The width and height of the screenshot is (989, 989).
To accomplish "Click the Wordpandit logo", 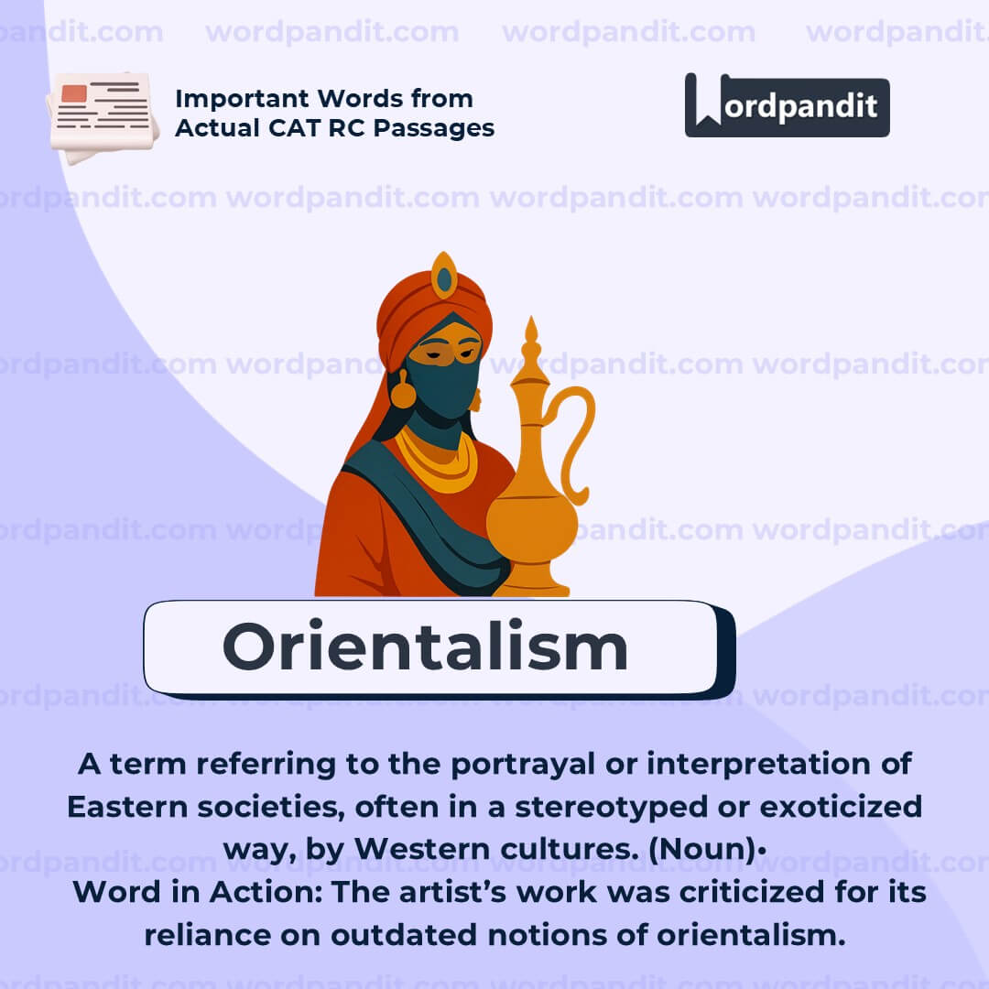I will pyautogui.click(x=787, y=105).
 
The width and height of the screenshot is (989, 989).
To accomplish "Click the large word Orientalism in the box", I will pyautogui.click(x=425, y=647).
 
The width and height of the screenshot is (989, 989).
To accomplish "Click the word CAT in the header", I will pyautogui.click(x=288, y=128).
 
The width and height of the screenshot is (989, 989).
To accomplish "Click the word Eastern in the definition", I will pyautogui.click(x=125, y=807).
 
